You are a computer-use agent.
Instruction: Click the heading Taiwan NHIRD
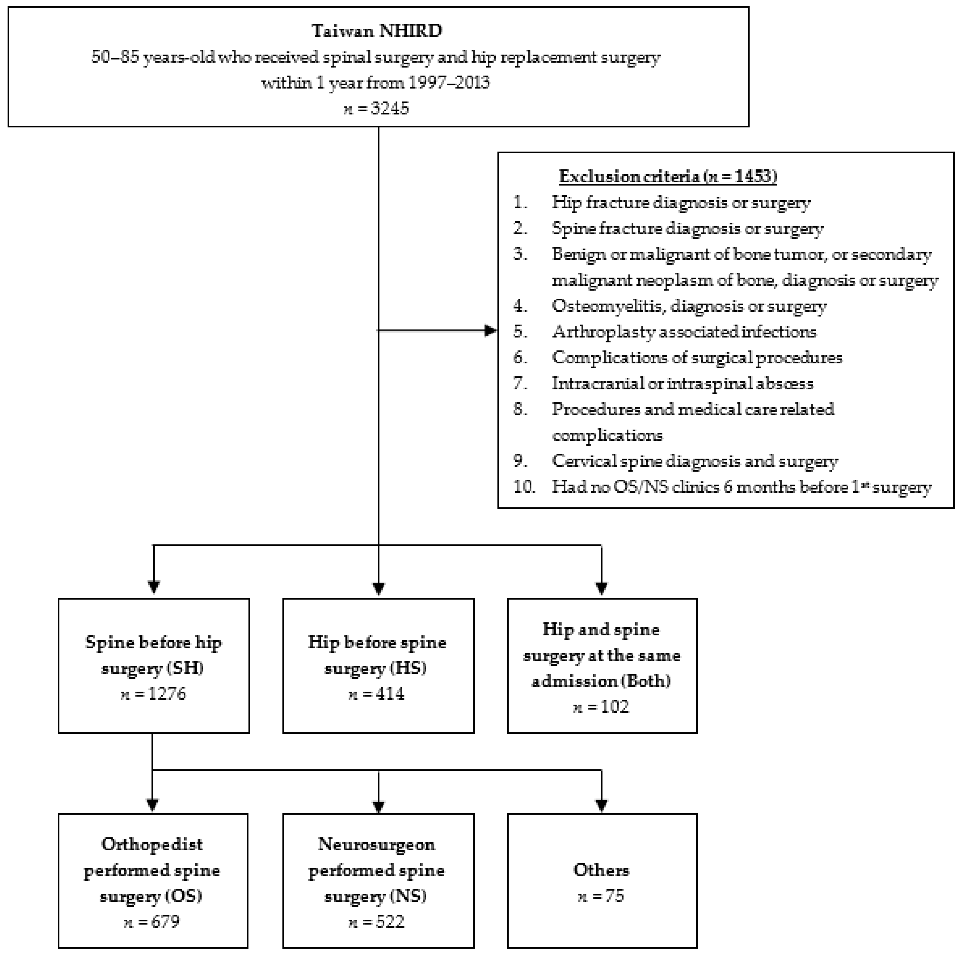tap(377, 31)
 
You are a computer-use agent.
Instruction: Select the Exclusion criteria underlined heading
tap(668, 176)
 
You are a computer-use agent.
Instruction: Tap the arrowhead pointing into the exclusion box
tap(490, 330)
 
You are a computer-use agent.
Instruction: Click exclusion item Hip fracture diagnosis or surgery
tap(681, 202)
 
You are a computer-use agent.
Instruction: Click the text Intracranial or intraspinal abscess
tap(683, 383)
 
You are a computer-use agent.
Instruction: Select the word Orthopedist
tap(152, 844)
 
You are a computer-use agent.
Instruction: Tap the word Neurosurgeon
tap(377, 844)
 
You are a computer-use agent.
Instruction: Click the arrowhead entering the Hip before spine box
tap(379, 589)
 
